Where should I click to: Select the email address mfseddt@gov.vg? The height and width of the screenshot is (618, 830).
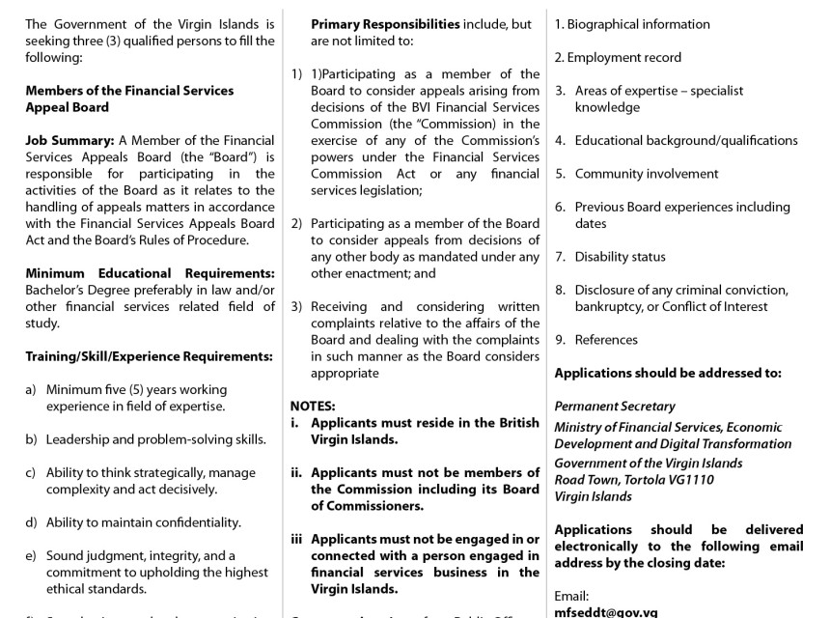605,611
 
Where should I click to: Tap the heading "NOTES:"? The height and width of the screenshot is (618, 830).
313,407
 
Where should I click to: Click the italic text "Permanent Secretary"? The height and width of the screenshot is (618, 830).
615,407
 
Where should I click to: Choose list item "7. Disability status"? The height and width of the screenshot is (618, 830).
610,257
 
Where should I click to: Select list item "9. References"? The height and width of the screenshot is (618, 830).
596,340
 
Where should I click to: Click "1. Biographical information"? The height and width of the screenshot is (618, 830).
631,24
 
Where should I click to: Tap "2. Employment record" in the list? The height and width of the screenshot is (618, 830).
618,57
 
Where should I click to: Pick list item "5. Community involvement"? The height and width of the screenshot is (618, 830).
637,174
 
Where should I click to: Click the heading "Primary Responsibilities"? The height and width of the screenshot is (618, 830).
385,24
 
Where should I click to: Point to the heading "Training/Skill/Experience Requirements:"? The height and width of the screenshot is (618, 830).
149,356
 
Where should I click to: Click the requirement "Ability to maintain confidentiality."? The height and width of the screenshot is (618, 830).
144,522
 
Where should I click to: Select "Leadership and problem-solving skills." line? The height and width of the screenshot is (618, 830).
156,439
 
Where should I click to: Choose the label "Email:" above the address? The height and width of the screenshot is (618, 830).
571,596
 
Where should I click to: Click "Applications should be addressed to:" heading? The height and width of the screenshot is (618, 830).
668,373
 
